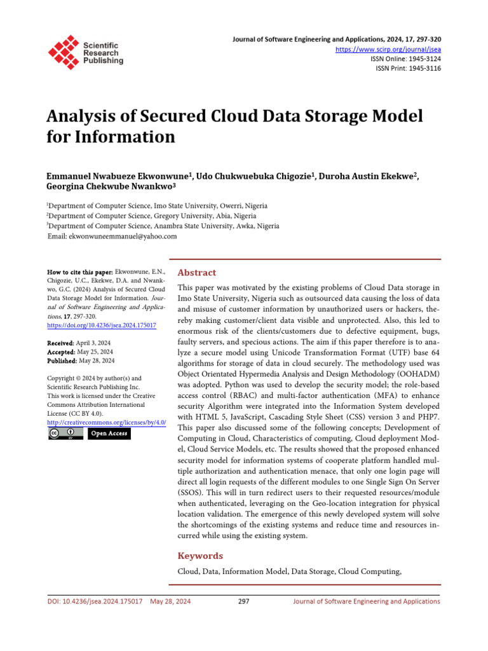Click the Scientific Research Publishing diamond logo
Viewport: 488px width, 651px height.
pos(64,51)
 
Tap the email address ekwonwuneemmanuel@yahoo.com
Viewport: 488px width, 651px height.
pos(112,236)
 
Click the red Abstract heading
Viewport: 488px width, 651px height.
pos(196,272)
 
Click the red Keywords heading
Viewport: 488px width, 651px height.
pos(200,556)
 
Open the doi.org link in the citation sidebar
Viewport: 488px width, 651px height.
pos(102,325)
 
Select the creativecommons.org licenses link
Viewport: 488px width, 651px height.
pos(107,422)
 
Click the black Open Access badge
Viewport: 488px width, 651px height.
pos(109,434)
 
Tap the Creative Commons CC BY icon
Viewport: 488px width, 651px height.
pos(65,434)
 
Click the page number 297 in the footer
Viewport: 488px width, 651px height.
pos(243,601)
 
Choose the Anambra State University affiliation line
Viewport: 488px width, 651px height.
pos(163,226)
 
